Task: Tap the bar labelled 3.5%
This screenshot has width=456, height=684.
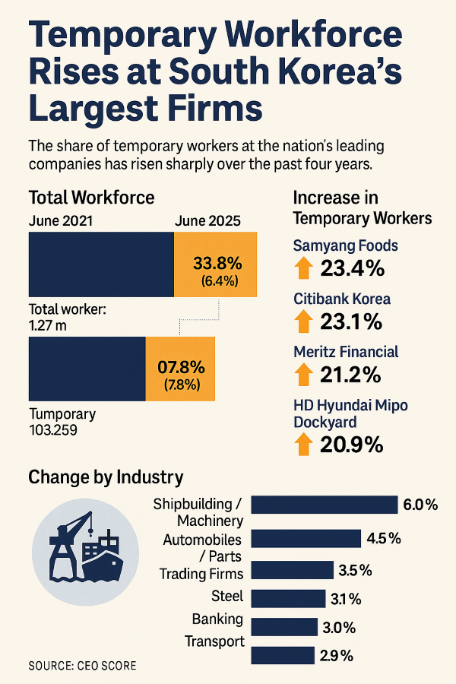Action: click(x=292, y=570)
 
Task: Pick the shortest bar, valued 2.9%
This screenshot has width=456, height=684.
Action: click(x=282, y=656)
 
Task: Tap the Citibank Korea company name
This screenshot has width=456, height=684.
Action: click(x=342, y=299)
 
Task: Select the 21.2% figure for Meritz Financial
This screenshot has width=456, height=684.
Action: click(x=350, y=375)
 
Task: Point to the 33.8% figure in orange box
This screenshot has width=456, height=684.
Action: click(x=217, y=264)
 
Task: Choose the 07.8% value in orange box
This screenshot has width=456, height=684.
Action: click(x=182, y=366)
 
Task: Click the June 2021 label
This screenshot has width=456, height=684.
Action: click(x=62, y=221)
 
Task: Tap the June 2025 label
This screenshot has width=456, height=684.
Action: click(x=207, y=221)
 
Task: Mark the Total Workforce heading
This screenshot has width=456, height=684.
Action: click(x=91, y=198)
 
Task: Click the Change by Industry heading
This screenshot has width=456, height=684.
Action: click(x=106, y=477)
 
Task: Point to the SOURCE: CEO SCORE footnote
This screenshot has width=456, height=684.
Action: click(x=83, y=666)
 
